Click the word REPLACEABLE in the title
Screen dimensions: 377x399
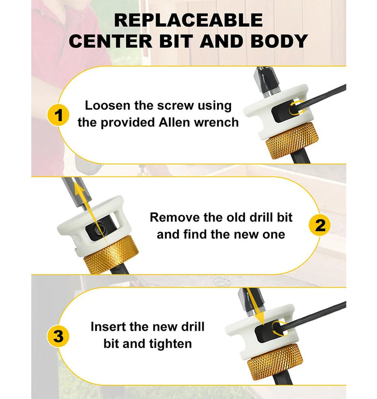coord(188,20)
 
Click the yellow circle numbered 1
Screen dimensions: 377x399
coord(58,115)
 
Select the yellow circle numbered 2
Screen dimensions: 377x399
coord(320,225)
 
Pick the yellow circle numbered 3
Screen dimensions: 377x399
coord(58,336)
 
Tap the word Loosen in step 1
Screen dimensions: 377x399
coord(108,105)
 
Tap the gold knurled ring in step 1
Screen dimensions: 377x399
coord(292,140)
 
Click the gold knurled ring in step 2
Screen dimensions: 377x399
coord(111,255)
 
